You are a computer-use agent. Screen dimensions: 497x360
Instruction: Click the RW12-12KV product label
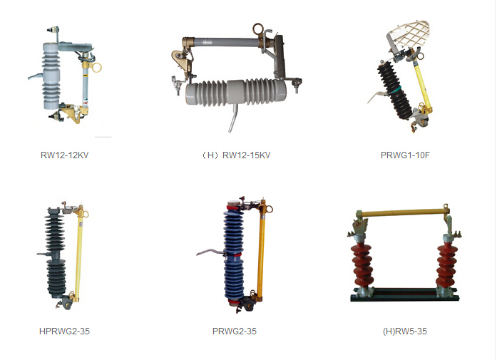click(x=64, y=155)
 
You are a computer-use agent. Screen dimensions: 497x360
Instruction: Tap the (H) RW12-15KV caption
click(x=236, y=155)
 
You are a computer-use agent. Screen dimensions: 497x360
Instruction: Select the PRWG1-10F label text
click(x=405, y=155)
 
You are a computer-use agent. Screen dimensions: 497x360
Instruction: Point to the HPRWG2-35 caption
click(x=64, y=331)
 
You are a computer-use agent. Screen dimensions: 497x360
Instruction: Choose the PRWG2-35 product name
click(x=234, y=331)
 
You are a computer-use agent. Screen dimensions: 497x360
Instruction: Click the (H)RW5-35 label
click(x=405, y=331)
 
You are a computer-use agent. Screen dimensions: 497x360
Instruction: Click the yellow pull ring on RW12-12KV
click(x=96, y=67)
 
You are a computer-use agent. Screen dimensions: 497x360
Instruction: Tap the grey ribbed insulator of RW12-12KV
click(x=51, y=76)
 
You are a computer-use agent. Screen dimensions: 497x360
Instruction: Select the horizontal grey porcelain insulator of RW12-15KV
click(x=236, y=91)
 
